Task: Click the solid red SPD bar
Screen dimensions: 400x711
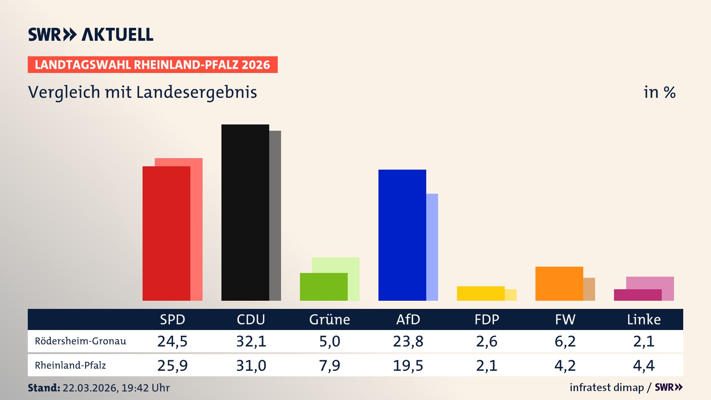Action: (x=166, y=233)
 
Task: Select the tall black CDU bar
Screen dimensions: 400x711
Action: (x=245, y=213)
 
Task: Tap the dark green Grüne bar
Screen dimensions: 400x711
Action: (x=324, y=287)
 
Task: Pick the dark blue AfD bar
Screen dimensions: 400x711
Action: (x=402, y=235)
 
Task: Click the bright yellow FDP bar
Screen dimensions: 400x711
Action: (x=481, y=293)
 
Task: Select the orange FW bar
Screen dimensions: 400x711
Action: (x=559, y=283)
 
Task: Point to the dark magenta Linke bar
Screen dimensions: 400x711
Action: (x=638, y=295)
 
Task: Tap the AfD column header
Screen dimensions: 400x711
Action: (x=408, y=319)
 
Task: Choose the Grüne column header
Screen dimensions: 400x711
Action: (x=330, y=319)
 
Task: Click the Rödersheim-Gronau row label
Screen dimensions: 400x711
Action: (x=80, y=341)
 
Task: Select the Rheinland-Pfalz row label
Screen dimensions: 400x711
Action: (x=70, y=366)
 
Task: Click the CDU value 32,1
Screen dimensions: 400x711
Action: (x=251, y=341)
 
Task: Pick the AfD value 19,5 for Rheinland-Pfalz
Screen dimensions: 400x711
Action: (x=408, y=366)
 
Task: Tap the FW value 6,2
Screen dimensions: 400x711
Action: (x=565, y=341)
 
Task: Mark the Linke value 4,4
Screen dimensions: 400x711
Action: (x=644, y=366)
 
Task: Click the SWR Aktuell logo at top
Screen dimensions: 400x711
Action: (x=90, y=34)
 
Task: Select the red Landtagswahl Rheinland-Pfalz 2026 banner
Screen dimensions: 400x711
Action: (x=153, y=65)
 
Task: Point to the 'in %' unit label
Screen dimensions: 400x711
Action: (x=660, y=92)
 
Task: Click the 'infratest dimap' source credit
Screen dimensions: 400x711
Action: (x=607, y=387)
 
